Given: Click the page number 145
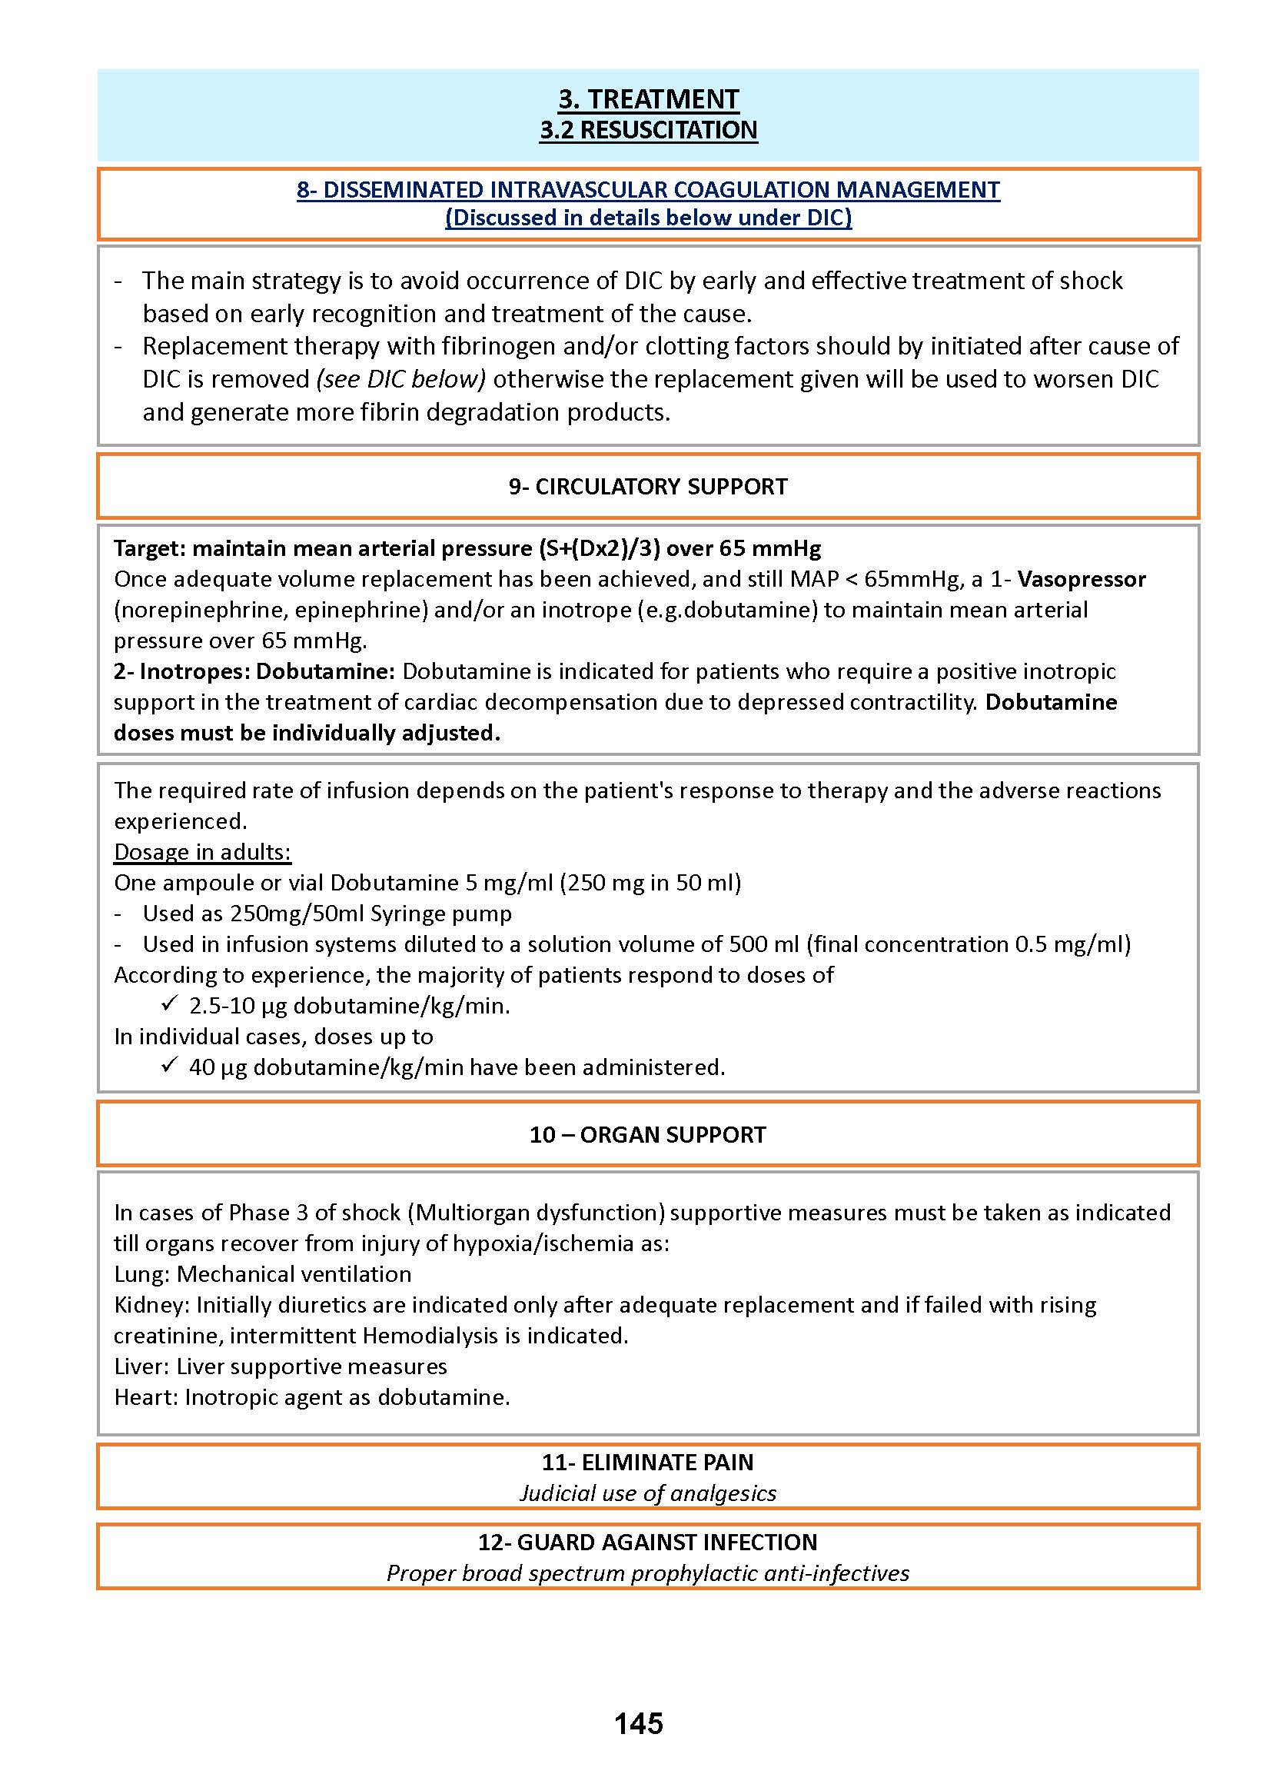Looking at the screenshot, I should pos(638,1723).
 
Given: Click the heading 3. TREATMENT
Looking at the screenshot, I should pos(648,99).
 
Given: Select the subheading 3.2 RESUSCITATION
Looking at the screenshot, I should pos(648,130).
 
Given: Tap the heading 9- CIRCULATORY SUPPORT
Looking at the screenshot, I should pos(648,487).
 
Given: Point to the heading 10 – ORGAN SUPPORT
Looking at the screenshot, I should pos(648,1134).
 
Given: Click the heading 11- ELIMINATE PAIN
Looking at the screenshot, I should pos(648,1462).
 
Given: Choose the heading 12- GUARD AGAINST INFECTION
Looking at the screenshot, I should pos(648,1542).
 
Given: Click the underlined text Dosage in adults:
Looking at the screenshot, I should pos(203,852).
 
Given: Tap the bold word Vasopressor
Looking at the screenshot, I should pos(1082,579).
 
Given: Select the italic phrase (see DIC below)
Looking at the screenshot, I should pos(400,380).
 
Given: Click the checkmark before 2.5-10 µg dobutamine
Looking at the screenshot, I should pos(169,1004).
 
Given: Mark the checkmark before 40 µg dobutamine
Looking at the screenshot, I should pos(169,1066).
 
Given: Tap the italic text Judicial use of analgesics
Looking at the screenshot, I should pos(648,1493).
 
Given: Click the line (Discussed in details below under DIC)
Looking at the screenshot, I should pos(648,218).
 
